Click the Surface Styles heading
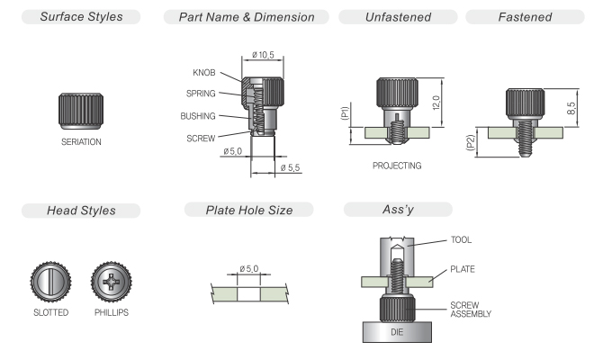81,17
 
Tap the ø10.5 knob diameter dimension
263,55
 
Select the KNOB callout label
204,73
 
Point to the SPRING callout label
201,94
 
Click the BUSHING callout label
198,116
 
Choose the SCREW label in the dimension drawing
201,139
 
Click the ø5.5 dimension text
290,167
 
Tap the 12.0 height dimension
436,103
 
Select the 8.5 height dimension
571,108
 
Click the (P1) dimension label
344,113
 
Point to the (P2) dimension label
471,142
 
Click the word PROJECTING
397,166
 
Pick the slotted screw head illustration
50,282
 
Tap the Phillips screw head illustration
112,282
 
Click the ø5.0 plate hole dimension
249,268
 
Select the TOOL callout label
461,239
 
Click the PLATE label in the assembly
463,269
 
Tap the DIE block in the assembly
397,332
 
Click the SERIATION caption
81,141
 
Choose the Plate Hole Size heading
249,210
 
